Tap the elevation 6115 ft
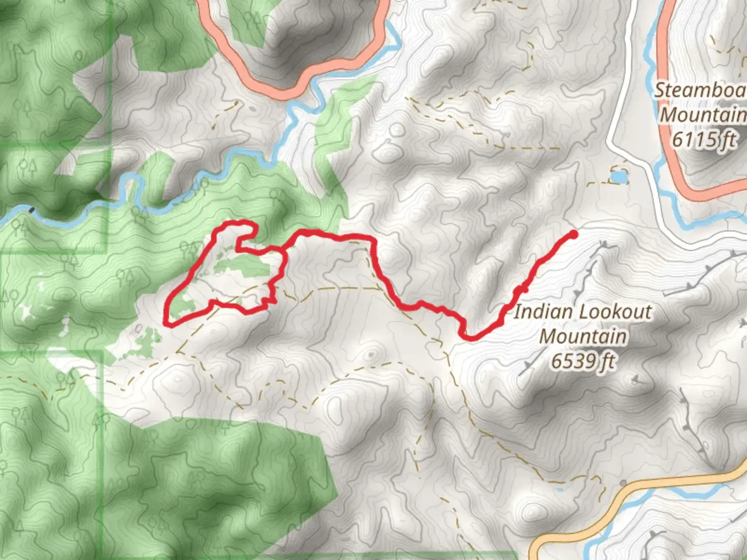(704, 139)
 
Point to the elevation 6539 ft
(583, 361)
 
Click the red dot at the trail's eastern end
(573, 234)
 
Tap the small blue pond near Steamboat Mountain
(618, 178)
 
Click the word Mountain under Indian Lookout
(583, 336)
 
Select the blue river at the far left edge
(16, 213)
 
